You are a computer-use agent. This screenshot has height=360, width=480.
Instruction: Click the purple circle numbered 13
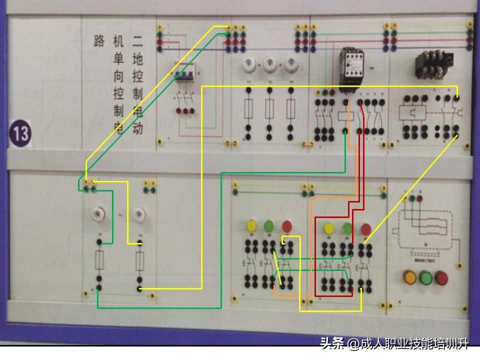[x=20, y=133]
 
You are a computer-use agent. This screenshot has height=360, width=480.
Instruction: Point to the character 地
[x=137, y=59]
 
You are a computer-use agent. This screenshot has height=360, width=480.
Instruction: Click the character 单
[x=118, y=59]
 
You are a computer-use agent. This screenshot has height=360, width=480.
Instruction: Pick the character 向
[x=118, y=76]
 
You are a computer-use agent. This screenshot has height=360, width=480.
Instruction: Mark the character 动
[x=137, y=128]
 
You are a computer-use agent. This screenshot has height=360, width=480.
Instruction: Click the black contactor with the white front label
[x=351, y=67]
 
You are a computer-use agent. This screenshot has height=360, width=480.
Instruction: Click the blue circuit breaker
[x=184, y=75]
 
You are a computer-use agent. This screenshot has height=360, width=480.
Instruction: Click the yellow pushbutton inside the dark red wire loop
[x=329, y=228]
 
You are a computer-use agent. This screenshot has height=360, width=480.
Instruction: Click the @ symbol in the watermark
[x=353, y=344]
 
